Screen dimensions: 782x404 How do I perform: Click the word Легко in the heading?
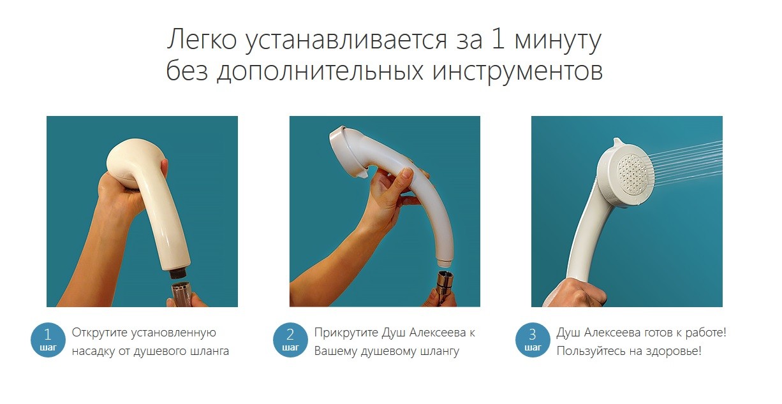[202, 40]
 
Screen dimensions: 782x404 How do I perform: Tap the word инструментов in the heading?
[518, 71]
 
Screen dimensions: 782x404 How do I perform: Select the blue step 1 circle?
[48, 340]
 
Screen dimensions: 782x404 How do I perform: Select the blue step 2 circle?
[290, 340]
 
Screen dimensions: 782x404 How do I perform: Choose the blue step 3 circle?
[533, 340]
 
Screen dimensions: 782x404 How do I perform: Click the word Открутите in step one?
[99, 333]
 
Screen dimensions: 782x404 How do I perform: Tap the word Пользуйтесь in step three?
[590, 350]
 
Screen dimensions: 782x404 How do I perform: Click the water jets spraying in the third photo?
[686, 163]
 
